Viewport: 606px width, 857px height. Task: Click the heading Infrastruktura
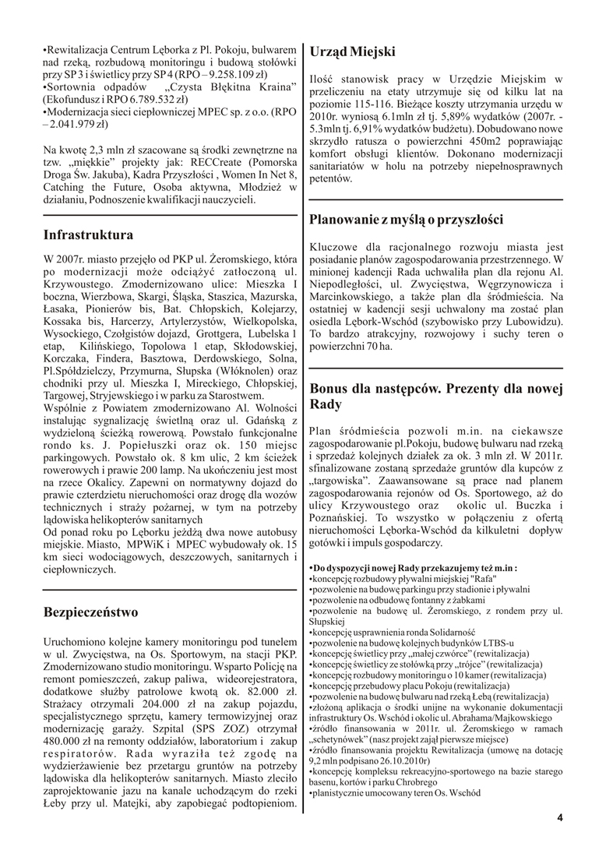88,234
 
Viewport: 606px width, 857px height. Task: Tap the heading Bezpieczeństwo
91,612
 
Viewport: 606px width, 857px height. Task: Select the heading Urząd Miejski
352,51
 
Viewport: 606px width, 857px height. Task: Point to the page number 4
559,818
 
